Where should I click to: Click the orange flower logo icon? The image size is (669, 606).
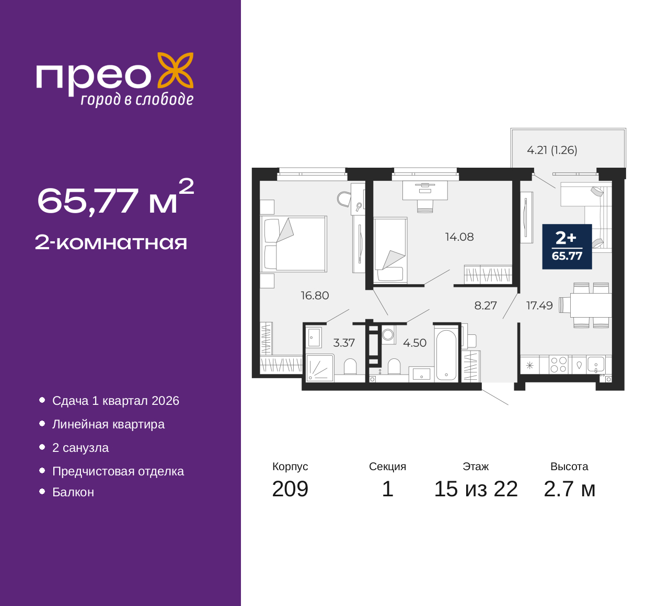coord(176,71)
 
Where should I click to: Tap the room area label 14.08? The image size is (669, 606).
coord(459,237)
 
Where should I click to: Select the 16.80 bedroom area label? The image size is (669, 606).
coord(315,295)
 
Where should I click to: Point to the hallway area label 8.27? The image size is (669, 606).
coord(485,305)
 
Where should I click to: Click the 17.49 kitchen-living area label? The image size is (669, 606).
coord(539,305)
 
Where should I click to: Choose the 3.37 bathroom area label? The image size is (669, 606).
coord(344,343)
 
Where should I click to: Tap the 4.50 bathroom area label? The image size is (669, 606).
coord(414,343)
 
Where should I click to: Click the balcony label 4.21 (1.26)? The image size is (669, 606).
coord(552,150)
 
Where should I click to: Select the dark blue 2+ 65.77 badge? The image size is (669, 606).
coord(567,247)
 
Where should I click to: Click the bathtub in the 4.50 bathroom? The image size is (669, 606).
coord(445,355)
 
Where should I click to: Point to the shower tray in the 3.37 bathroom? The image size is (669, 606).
coord(320,368)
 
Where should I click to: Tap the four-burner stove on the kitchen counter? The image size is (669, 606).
coord(558,364)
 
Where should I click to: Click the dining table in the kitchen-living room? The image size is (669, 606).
coord(591,305)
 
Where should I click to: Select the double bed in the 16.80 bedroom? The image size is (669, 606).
coord(294,243)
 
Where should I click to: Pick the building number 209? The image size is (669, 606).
coord(290,489)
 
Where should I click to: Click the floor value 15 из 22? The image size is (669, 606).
coord(476,489)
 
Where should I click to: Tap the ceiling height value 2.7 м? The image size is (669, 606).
coord(569,489)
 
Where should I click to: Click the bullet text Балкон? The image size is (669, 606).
coord(73,492)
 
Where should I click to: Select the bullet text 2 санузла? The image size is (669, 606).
coord(80,448)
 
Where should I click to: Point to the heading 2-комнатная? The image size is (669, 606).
coord(111,243)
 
